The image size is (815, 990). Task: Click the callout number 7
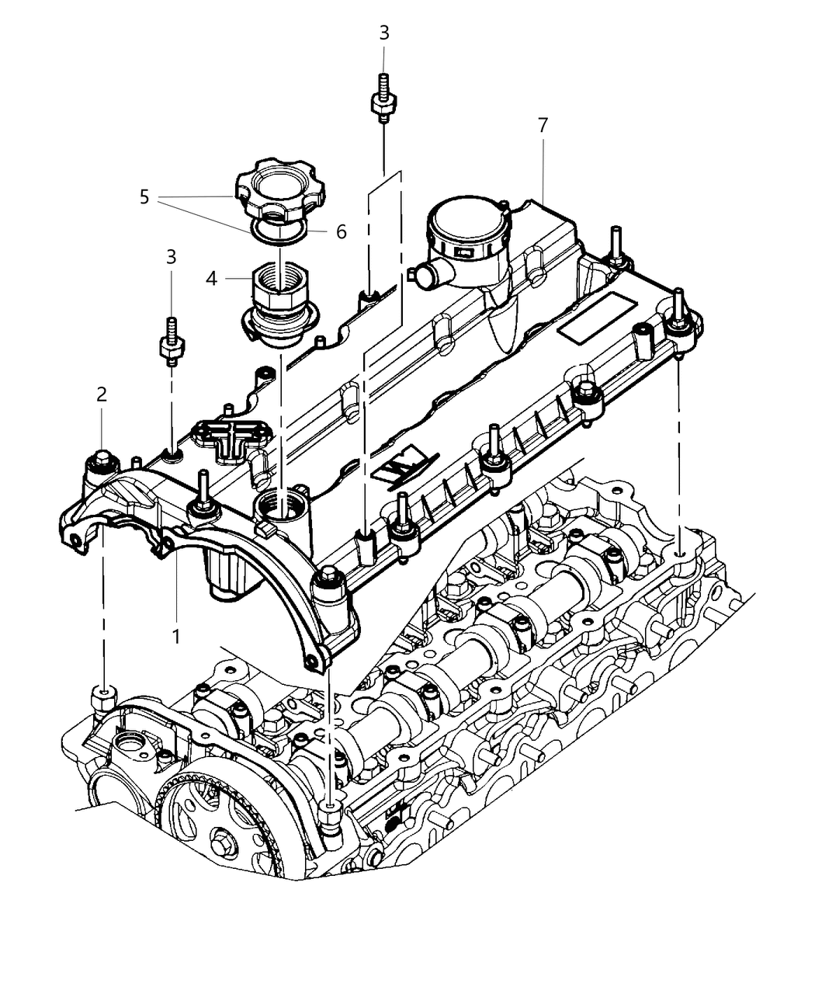(543, 124)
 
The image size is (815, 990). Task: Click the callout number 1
(176, 636)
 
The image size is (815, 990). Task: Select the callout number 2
(102, 394)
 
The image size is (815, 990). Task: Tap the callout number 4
(212, 279)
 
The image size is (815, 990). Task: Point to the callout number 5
(144, 197)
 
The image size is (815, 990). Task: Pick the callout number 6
(341, 232)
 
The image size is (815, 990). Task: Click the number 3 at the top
(384, 33)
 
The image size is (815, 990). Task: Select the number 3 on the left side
(171, 256)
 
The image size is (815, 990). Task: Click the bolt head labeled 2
(102, 460)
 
